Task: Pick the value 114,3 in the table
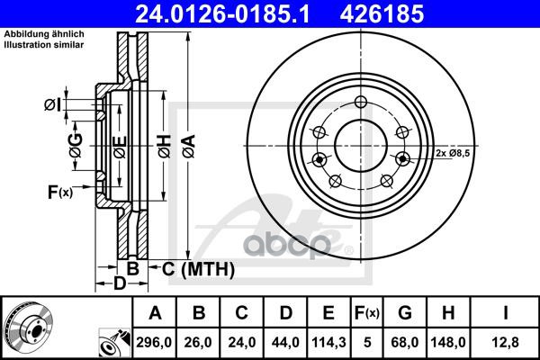click(328, 341)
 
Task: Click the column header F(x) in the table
click(366, 313)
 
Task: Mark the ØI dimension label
click(53, 106)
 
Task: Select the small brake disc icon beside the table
click(24, 328)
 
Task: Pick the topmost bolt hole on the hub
click(361, 101)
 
